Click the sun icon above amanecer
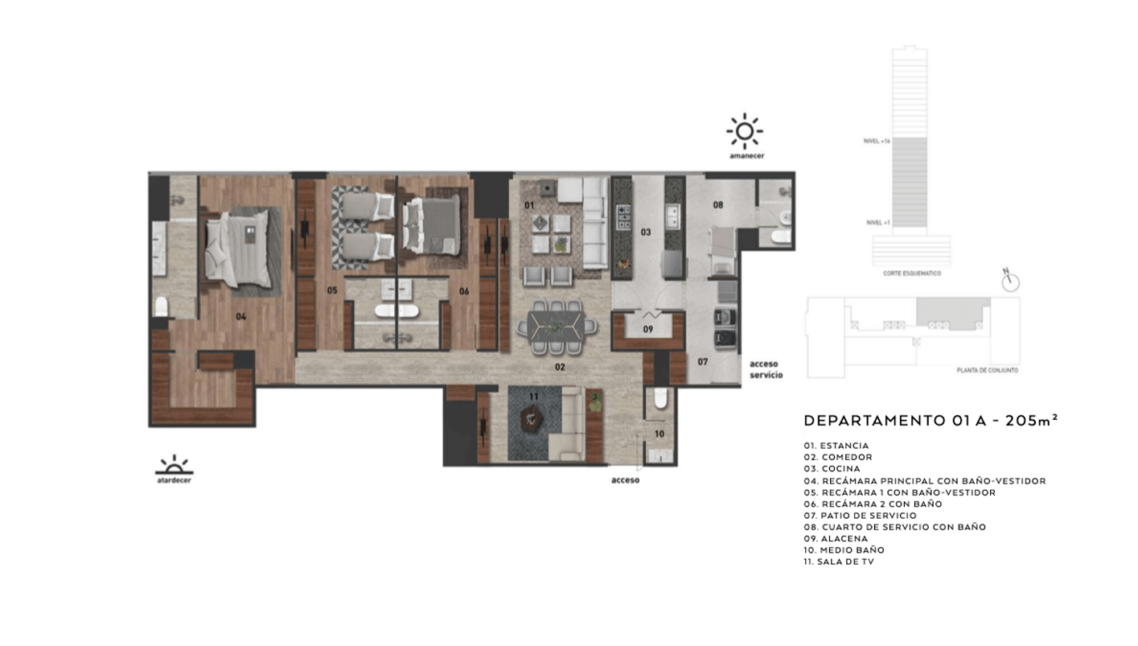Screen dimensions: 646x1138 (744, 130)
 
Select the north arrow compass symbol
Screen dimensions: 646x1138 (1009, 282)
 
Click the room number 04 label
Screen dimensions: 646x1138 (240, 316)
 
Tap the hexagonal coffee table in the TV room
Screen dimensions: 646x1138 (532, 417)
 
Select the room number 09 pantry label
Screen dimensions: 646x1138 (647, 329)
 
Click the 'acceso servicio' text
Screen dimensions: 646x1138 (766, 369)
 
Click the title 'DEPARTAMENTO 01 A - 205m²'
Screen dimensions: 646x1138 (931, 421)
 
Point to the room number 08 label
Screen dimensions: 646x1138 (717, 205)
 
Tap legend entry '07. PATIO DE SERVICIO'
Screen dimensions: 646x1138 (860, 515)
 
